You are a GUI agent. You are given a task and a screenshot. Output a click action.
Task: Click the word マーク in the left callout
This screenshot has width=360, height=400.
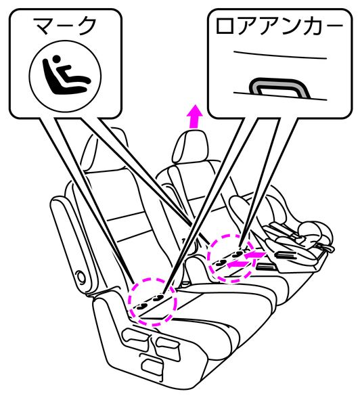click(66, 26)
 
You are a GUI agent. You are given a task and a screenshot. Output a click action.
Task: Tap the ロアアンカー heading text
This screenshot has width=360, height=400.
click(279, 26)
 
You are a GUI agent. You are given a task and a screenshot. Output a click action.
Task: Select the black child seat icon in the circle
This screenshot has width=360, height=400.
click(66, 75)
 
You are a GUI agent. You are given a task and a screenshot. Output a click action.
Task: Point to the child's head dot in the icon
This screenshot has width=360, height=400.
click(57, 59)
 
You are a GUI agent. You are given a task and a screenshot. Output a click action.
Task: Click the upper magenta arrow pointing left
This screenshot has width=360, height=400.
click(253, 254)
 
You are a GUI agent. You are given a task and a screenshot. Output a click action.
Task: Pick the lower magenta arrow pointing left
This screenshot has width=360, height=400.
click(237, 265)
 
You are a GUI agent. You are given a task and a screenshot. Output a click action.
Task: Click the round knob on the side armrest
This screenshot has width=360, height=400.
click(82, 276)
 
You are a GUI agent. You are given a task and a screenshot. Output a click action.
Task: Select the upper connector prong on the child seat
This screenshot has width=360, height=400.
click(285, 254)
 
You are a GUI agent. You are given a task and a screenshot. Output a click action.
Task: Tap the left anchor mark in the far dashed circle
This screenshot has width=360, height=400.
click(221, 263)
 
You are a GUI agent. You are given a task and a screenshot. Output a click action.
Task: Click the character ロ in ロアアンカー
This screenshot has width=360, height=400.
click(225, 26)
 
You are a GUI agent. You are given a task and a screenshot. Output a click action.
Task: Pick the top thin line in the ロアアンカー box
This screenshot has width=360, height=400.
click(280, 55)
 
